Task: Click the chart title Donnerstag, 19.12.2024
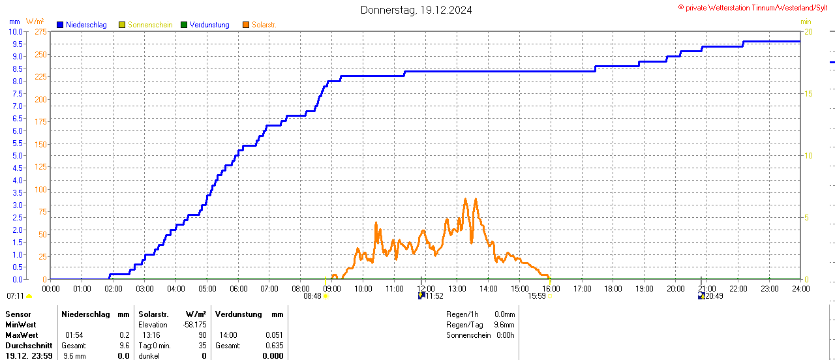click(416, 10)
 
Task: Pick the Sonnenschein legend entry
click(149, 25)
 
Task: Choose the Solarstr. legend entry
click(264, 25)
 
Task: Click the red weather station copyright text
click(755, 8)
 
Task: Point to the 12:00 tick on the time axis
click(425, 288)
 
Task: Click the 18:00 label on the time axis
click(613, 288)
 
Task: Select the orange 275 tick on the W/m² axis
click(40, 31)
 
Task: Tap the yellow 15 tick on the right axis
click(808, 93)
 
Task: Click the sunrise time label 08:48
click(312, 296)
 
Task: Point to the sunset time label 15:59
click(536, 296)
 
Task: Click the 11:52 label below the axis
click(434, 296)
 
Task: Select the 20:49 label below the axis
click(714, 296)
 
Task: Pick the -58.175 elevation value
click(194, 325)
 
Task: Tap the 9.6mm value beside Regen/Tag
click(504, 325)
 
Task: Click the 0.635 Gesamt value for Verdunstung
click(274, 346)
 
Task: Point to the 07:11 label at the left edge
click(15, 296)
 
